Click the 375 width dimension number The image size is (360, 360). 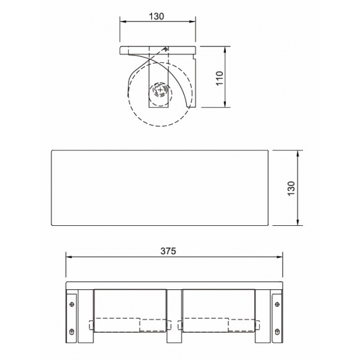[x=168, y=251]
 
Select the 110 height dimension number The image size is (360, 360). [x=219, y=78]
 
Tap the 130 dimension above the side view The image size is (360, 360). [x=157, y=16]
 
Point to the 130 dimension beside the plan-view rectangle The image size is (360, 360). [x=291, y=188]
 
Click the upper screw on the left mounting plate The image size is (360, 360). [x=72, y=304]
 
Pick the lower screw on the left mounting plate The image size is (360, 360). [x=72, y=332]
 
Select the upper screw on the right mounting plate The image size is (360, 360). [x=277, y=304]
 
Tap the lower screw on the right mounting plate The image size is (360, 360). [x=277, y=332]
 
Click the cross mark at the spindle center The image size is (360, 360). [x=160, y=89]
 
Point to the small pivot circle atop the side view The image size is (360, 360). [x=165, y=49]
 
